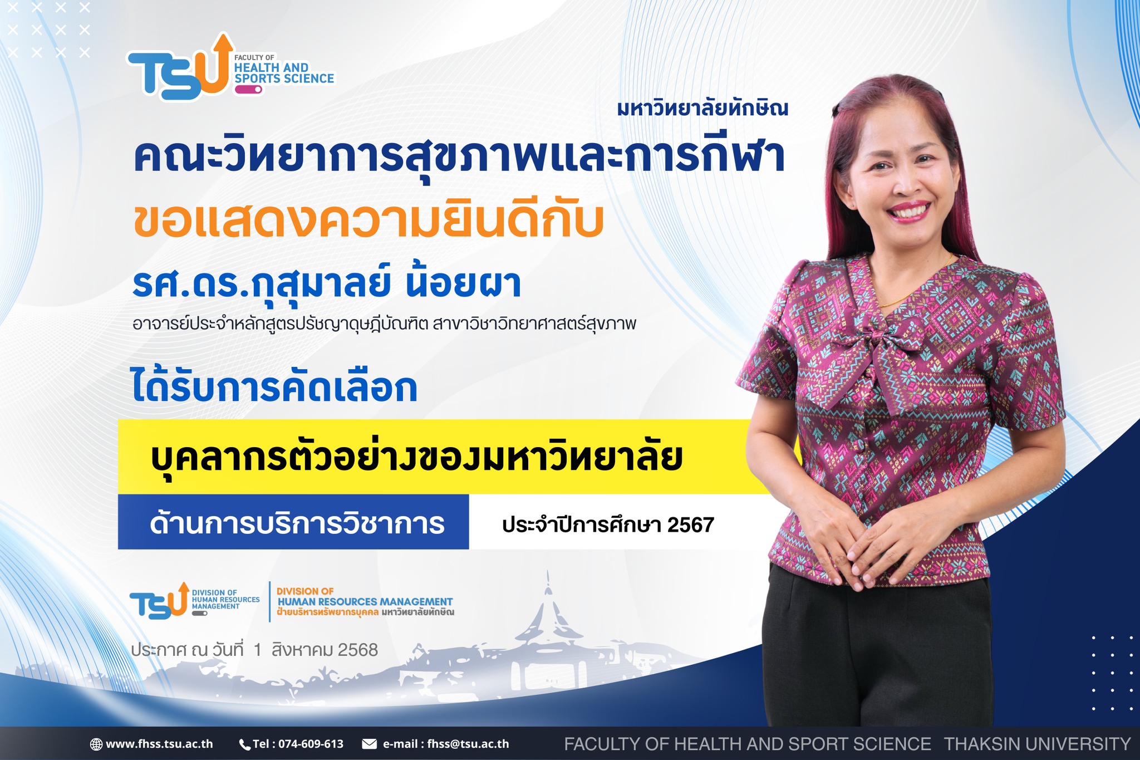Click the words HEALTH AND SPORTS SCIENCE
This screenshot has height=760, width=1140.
tap(284, 73)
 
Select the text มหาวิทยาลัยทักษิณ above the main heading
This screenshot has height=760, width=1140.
tap(702, 108)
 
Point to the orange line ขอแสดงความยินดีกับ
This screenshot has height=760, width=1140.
tap(369, 221)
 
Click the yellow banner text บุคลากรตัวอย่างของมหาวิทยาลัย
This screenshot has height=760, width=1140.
tap(416, 458)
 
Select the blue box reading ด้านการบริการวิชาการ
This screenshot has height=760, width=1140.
tap(293, 522)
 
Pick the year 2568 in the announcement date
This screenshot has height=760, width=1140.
tap(358, 650)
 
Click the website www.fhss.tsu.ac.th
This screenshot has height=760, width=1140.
tap(159, 744)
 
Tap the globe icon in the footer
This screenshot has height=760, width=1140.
tap(96, 744)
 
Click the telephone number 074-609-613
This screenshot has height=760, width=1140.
tap(311, 744)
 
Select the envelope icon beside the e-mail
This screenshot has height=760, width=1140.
tap(370, 744)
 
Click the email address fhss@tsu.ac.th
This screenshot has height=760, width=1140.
tap(468, 744)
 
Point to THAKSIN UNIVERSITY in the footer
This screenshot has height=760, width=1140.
tap(1038, 744)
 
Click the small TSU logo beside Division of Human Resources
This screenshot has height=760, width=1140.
tap(159, 601)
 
